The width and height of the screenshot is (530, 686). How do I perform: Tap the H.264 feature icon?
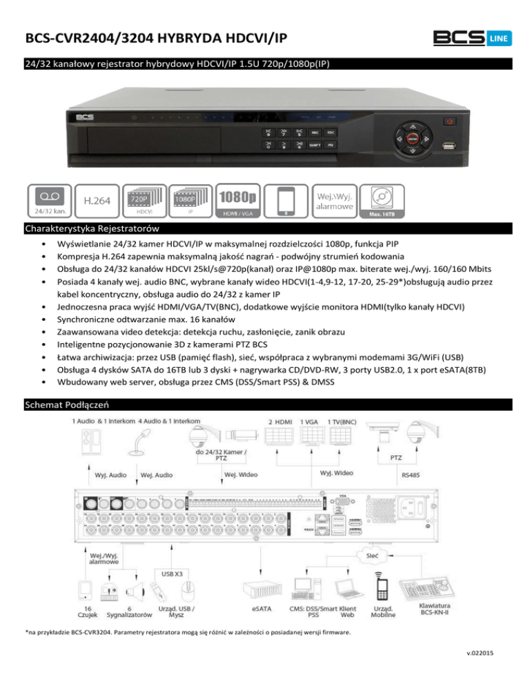pyautogui.click(x=96, y=200)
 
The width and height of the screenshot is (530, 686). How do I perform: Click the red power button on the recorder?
pyautogui.click(x=450, y=122)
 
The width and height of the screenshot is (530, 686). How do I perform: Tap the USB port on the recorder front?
pyautogui.click(x=449, y=146)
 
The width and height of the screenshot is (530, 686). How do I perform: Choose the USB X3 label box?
pyautogui.click(x=173, y=572)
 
